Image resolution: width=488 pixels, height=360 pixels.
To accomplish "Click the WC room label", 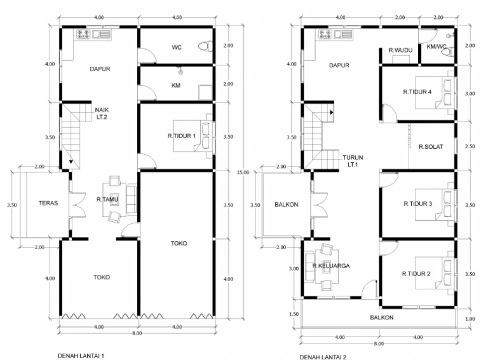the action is pos(177,47).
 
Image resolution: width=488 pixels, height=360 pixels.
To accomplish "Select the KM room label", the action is pos(176,85).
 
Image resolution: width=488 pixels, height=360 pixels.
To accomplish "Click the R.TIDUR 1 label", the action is pos(182,135).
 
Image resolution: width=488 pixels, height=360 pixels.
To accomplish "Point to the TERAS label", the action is pos(48,203).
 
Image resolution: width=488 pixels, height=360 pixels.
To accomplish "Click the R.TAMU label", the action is pos(107,199).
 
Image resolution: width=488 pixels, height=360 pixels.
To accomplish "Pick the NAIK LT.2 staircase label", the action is pos(102,113).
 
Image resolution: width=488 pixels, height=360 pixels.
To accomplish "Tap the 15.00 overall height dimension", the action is pos(243,172).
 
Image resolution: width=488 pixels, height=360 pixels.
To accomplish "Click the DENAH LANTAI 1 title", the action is pos(81,356).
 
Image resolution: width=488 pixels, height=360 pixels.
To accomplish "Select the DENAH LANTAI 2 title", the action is pos(323,357).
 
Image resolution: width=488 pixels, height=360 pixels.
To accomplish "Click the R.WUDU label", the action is pos(400,50).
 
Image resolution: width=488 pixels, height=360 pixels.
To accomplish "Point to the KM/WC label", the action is pos(437,46).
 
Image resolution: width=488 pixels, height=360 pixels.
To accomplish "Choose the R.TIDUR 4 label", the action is pos(417,92).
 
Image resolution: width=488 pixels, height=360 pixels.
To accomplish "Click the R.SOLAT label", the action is pos(431,147).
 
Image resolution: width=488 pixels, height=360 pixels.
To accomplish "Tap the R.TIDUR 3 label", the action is pos(417,204).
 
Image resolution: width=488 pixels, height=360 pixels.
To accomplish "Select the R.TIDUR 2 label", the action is pos(416,274).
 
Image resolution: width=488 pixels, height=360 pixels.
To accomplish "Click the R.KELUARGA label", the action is pos(331,266).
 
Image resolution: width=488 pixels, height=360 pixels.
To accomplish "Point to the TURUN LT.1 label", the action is pos(353,161).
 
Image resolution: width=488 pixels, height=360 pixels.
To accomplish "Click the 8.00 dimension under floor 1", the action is pos(137,333).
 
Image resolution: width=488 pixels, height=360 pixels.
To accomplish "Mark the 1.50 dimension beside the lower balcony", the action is pos(294,314).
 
